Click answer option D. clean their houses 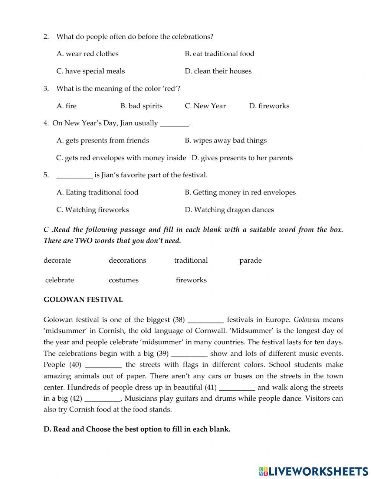218,71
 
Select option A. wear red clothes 87,54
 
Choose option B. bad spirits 141,106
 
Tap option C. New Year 205,106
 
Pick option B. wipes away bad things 226,141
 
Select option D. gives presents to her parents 242,158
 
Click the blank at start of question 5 74,175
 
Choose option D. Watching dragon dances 229,210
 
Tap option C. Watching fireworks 92,210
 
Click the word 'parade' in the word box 250,260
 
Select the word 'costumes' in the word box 124,280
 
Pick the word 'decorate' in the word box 57,260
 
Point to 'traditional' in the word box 191,260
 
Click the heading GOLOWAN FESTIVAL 83,300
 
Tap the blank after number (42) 103,399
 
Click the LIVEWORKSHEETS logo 313,471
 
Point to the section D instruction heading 137,429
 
